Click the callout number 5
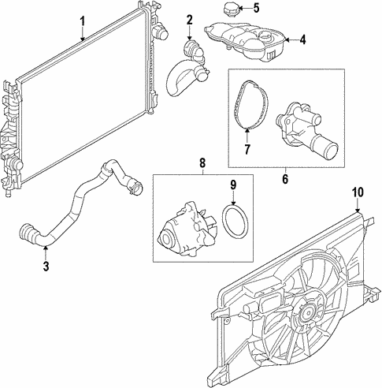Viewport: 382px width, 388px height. (x=255, y=8)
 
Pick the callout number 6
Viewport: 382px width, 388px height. (x=285, y=178)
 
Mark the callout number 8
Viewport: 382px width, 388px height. (x=202, y=164)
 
